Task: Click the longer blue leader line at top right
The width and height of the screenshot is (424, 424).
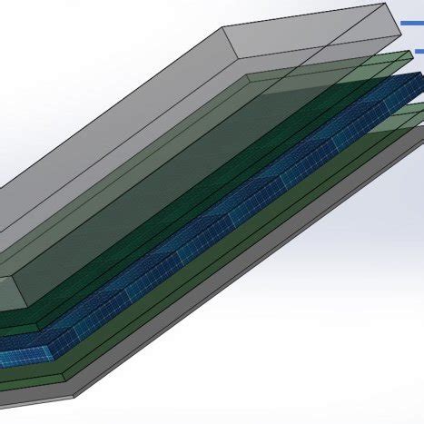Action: point(413,23)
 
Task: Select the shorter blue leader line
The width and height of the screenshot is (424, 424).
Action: point(419,51)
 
